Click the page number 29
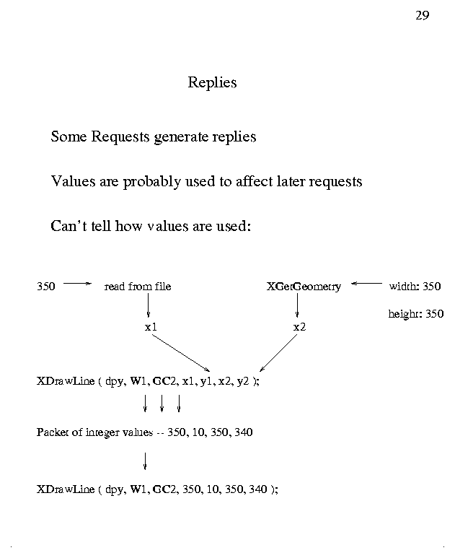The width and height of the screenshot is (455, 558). pyautogui.click(x=423, y=16)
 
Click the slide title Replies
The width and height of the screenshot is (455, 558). pyautogui.click(x=212, y=82)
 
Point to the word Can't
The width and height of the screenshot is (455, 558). pyautogui.click(x=69, y=226)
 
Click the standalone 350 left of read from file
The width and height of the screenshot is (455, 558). pyautogui.click(x=46, y=287)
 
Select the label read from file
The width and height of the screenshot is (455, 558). pyautogui.click(x=138, y=287)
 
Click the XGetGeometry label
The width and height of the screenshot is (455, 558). pyautogui.click(x=304, y=287)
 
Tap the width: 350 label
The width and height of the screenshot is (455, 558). pyautogui.click(x=415, y=287)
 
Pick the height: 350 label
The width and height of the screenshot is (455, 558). pyautogui.click(x=416, y=314)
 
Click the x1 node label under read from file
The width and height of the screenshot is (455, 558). pyautogui.click(x=151, y=327)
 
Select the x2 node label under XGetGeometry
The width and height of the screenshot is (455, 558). pyautogui.click(x=300, y=327)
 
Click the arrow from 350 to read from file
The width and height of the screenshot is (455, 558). pyautogui.click(x=78, y=284)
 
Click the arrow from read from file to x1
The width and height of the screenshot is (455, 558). pyautogui.click(x=148, y=306)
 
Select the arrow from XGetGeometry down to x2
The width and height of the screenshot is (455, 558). pyautogui.click(x=297, y=306)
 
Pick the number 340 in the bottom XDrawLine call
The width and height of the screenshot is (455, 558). pyautogui.click(x=257, y=489)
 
